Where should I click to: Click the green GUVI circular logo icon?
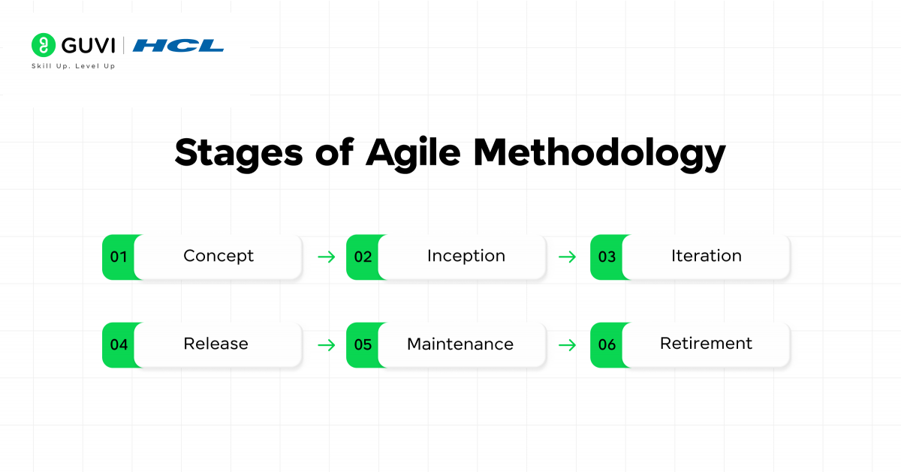(44, 45)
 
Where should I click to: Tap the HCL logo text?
(178, 46)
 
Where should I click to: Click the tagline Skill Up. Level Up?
(73, 66)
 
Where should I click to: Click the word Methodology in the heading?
(599, 152)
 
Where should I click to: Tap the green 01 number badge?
(119, 257)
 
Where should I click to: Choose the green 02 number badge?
(363, 257)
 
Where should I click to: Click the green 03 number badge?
(607, 257)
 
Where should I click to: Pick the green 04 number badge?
(119, 344)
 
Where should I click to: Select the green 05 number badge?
(363, 344)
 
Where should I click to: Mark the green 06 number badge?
(607, 344)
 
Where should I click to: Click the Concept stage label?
(218, 256)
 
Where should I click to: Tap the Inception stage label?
(466, 256)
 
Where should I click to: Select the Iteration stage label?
(706, 256)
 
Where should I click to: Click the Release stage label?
(215, 344)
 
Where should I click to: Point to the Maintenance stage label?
(460, 344)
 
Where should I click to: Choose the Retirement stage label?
(706, 344)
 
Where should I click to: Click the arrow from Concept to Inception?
(326, 257)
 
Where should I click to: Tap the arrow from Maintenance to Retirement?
(568, 345)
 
